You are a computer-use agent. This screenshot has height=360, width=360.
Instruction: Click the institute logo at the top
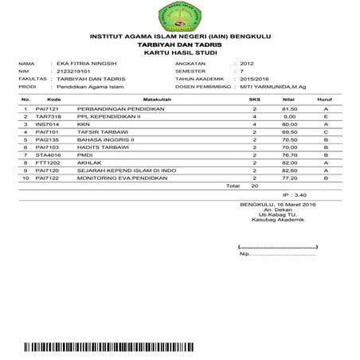pos(179,15)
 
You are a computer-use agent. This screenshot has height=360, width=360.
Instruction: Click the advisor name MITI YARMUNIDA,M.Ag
pos(273,87)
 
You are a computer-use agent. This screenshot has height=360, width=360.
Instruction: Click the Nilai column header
pos(290,100)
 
